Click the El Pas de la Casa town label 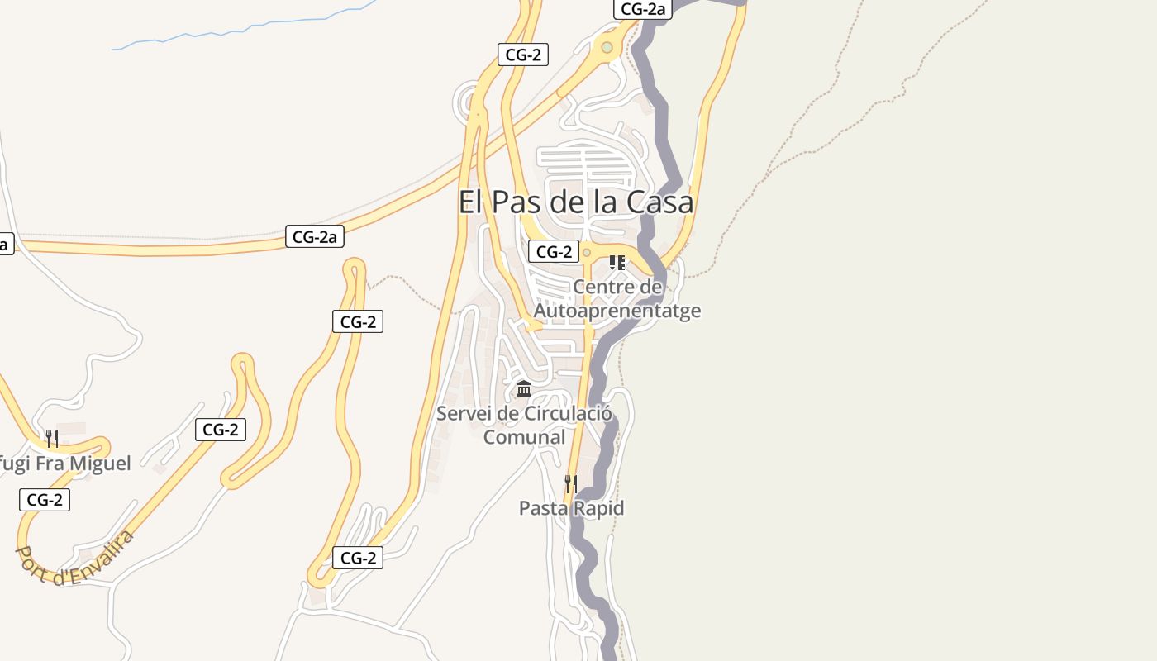(575, 202)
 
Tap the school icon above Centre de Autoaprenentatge (617, 263)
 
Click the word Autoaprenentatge (617, 311)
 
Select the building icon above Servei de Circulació (524, 388)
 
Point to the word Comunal (524, 437)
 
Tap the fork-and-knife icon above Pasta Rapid (570, 483)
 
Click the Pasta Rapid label (571, 508)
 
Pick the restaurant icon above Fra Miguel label (51, 438)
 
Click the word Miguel (99, 464)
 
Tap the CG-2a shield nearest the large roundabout (643, 9)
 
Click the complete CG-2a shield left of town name (315, 236)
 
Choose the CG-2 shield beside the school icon (554, 252)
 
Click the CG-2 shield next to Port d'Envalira (45, 499)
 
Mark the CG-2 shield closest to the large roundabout (523, 55)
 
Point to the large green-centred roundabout (607, 48)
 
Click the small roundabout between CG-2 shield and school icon (587, 252)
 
